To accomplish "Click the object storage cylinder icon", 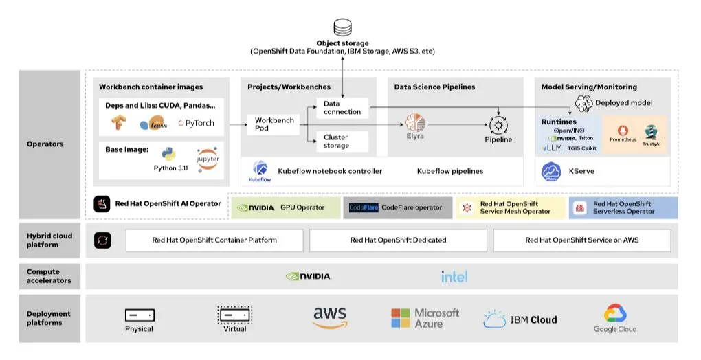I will (x=342, y=27).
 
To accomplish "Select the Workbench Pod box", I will (x=274, y=124).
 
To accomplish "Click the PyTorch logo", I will (x=196, y=124).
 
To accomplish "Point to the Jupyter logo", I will (x=207, y=159).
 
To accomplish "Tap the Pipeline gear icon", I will (x=498, y=125).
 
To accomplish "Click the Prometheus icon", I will (x=623, y=131).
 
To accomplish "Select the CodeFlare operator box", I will (x=397, y=207).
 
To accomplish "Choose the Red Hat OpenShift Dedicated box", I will (x=398, y=240).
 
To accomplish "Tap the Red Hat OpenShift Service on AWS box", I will (x=581, y=240).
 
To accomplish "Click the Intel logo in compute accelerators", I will (x=454, y=276).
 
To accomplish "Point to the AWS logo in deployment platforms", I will (x=330, y=317).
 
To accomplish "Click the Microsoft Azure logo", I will (x=425, y=318).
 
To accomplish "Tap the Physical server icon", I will (x=140, y=315).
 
